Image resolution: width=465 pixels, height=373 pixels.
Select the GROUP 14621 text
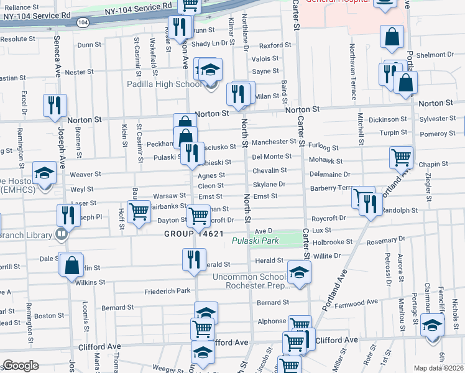coord(193,234)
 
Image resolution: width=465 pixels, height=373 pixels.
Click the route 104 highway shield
coord(83,22)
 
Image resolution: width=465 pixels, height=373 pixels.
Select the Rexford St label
coord(275,45)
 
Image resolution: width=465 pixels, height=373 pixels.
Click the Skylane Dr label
coord(269,185)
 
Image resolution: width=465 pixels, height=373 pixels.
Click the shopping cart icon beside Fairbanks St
coord(139,211)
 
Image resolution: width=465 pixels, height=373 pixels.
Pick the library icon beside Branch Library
coord(61,235)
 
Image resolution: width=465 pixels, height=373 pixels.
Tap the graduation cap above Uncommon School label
coord(299,272)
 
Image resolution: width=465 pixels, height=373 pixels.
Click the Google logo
coord(21,366)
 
